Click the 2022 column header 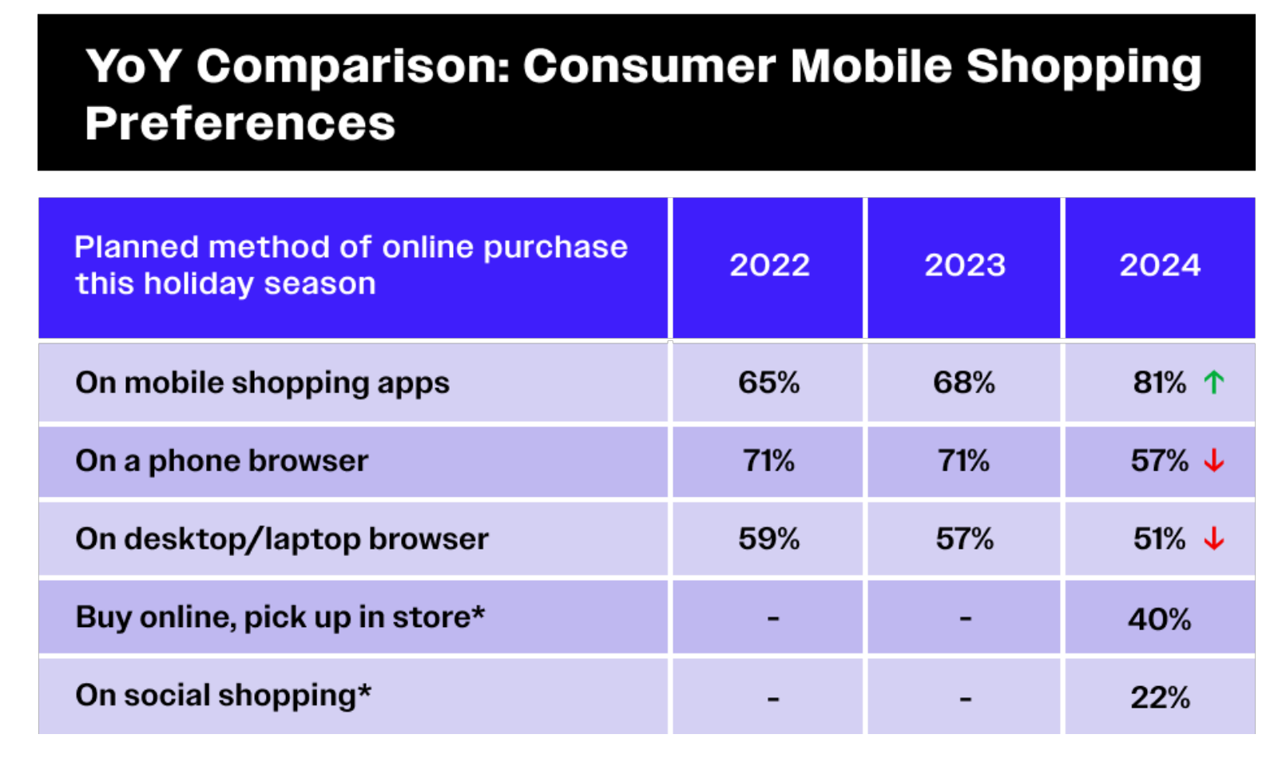click(x=769, y=265)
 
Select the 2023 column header click(x=965, y=265)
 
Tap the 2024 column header click(x=1160, y=265)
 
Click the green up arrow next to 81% click(x=1214, y=383)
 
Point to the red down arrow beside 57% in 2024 click(x=1214, y=461)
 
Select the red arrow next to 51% click(x=1214, y=539)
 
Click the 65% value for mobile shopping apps click(x=768, y=383)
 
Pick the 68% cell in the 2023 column click(x=964, y=383)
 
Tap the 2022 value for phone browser click(x=768, y=461)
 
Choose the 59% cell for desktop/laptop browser click(x=768, y=539)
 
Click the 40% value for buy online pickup click(x=1159, y=619)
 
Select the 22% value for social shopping click(x=1160, y=697)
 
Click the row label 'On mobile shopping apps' click(x=262, y=383)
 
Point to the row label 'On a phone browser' click(x=221, y=461)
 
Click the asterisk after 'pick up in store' click(x=478, y=613)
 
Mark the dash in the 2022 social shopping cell click(x=773, y=699)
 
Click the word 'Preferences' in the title click(x=240, y=124)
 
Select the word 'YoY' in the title click(x=133, y=65)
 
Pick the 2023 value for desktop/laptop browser click(x=964, y=539)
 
